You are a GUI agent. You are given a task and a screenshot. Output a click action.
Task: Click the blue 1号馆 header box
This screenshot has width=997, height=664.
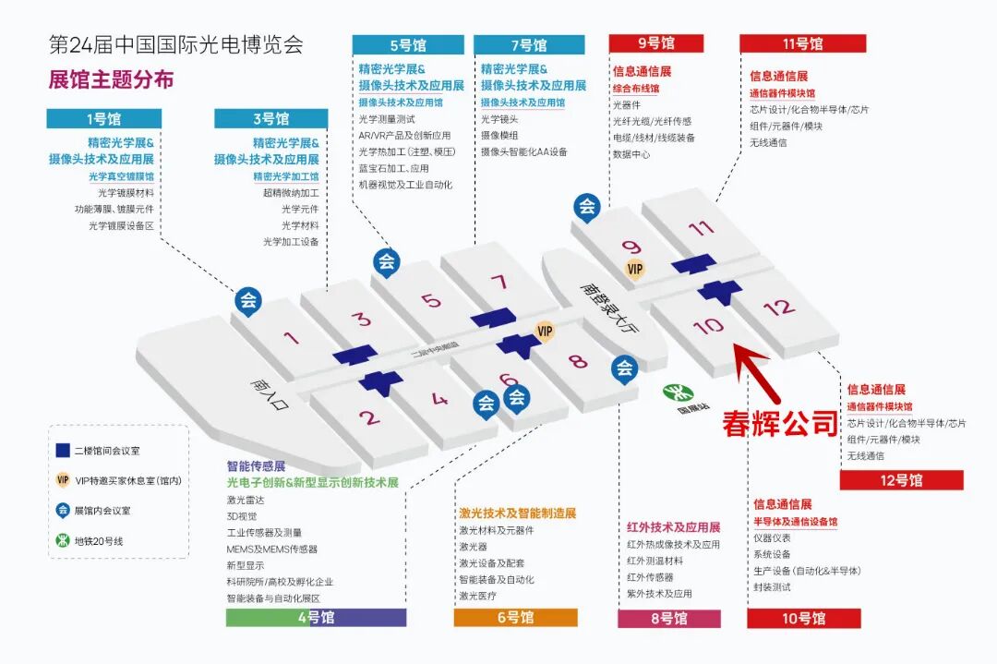click(102, 118)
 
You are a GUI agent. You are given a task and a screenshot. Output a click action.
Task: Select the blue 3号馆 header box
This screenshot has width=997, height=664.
click(270, 118)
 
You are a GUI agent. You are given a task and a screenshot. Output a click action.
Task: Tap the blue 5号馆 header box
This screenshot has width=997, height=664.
click(407, 44)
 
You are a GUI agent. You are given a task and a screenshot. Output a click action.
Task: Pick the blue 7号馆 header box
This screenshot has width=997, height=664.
click(528, 44)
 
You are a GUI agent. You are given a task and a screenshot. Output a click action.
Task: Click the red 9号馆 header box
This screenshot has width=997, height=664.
click(655, 42)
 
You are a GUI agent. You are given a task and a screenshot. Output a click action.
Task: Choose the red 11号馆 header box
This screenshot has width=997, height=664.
click(802, 43)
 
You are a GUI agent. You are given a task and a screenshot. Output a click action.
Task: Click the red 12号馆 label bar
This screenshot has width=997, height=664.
click(901, 480)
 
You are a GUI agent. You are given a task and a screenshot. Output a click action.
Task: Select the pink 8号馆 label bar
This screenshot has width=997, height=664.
click(668, 618)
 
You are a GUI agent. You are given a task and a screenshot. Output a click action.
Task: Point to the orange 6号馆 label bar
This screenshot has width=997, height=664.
click(515, 617)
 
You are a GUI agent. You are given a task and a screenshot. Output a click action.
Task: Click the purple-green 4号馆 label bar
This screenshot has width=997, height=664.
click(316, 617)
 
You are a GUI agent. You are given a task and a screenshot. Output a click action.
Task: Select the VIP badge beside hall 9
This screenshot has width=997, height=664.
click(635, 269)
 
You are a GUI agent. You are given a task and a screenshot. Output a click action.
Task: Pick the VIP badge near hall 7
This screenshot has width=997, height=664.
click(545, 331)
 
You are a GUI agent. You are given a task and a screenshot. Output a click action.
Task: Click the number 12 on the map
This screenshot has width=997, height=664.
click(779, 307)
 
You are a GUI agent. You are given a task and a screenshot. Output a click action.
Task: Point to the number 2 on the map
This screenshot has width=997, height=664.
click(369, 417)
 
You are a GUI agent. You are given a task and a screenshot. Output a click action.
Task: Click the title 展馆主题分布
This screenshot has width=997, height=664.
click(111, 79)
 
